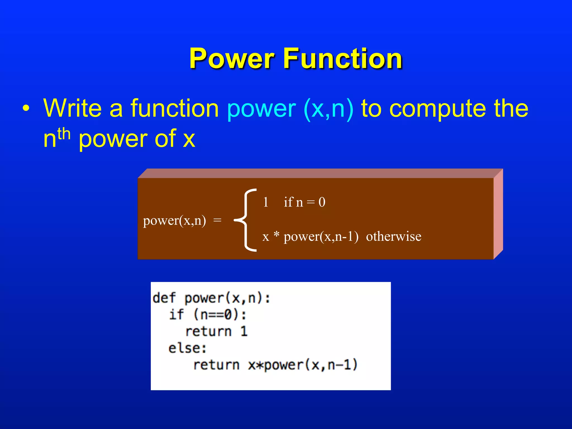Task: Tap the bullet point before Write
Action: coord(26,109)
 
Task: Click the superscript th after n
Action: coord(64,134)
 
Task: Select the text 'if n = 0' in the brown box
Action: coord(304,202)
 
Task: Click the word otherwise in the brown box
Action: coord(394,237)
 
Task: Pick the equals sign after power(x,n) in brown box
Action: coord(217,221)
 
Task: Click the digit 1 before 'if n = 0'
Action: coord(266,202)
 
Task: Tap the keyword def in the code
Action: coord(164,298)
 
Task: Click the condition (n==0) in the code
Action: coord(216,315)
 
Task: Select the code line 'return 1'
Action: coord(216,332)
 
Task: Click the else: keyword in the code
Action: coord(187,348)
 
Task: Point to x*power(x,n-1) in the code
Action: coord(303,365)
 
